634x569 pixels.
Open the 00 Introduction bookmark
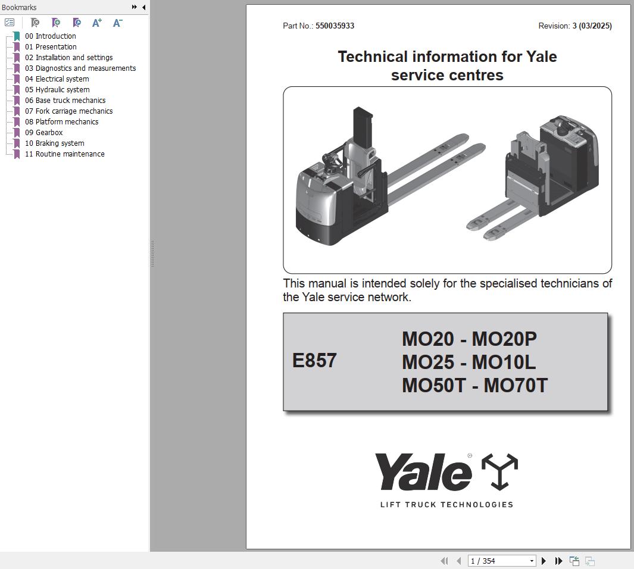point(50,36)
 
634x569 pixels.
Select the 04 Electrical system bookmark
point(57,79)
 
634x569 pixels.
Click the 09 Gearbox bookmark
point(43,133)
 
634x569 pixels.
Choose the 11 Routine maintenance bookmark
point(65,154)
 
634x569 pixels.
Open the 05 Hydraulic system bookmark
point(57,90)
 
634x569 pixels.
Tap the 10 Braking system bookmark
point(55,143)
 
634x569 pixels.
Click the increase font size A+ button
point(96,23)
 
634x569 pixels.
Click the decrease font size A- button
point(117,23)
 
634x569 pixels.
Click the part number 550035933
point(335,26)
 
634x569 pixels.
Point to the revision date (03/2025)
point(595,26)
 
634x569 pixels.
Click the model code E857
point(314,361)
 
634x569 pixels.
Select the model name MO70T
point(516,385)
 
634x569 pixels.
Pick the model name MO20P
point(504,339)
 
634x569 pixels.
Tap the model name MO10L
point(504,362)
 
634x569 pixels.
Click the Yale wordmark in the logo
point(423,472)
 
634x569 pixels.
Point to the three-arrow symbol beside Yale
point(500,471)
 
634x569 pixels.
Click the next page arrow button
point(544,561)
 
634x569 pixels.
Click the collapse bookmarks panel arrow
point(144,7)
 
